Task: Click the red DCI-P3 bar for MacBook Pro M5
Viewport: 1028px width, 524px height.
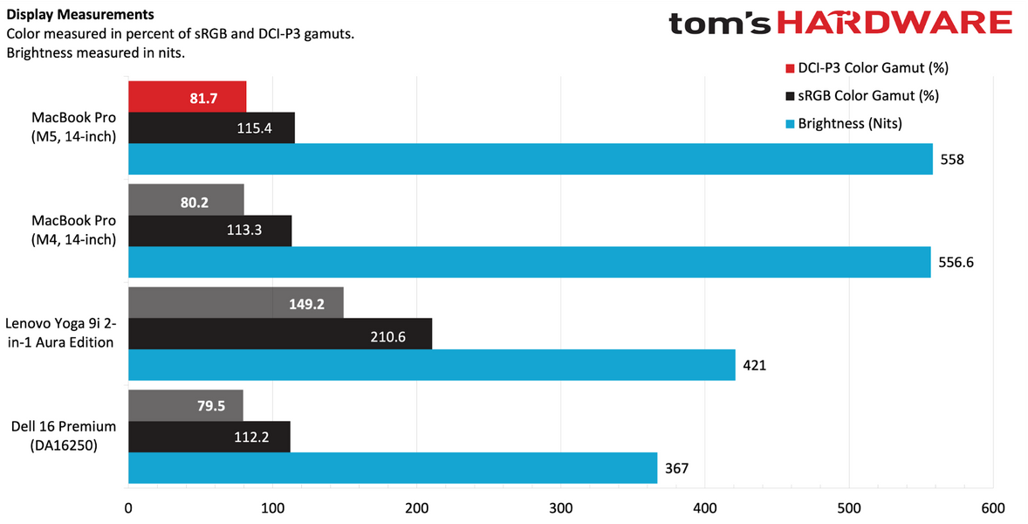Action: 187,96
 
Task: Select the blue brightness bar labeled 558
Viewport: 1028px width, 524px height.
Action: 530,159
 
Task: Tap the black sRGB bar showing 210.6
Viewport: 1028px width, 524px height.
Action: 279,334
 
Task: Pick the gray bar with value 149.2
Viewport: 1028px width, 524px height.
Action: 236,302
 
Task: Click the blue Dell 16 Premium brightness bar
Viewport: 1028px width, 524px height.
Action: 392,468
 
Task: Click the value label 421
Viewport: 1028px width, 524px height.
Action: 754,365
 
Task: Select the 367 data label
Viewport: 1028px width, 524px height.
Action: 677,468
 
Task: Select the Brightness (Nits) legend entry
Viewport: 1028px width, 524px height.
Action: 849,124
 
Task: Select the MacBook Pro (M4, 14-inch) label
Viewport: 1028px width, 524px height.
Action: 73,231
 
